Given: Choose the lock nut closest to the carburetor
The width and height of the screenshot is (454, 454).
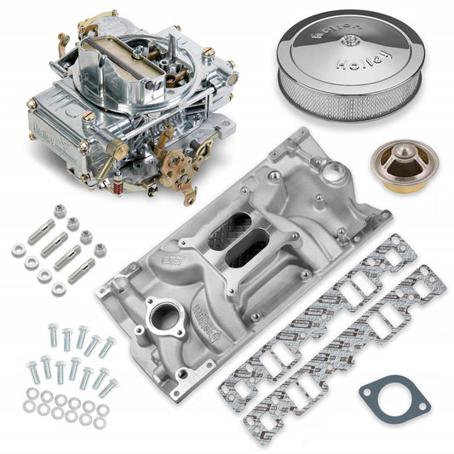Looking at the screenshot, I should click(x=60, y=211).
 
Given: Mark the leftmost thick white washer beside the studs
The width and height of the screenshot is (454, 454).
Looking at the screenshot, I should click(x=17, y=250).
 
